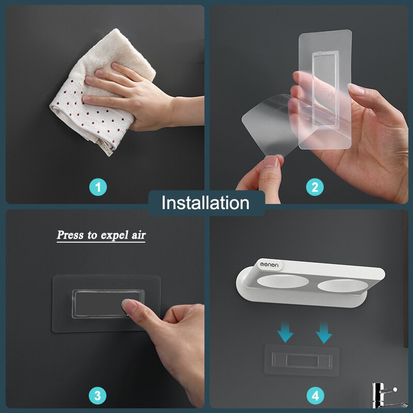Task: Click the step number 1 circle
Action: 98,187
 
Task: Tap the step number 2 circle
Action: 315,187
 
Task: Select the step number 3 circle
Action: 98,395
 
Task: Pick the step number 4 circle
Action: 315,395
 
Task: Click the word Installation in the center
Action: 205,203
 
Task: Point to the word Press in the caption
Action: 70,235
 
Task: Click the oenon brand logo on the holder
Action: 269,265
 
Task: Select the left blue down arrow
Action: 285,332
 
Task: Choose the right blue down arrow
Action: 324,333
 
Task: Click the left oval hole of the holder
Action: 282,281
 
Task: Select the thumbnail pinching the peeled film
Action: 271,162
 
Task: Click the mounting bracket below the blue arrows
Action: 302,360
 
